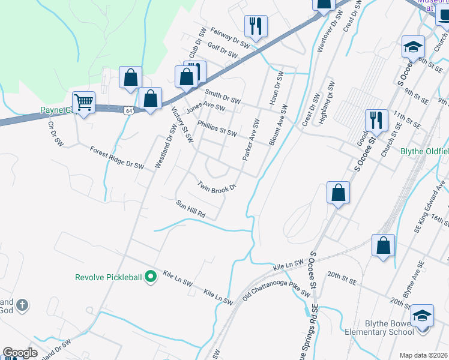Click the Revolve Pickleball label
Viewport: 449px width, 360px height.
point(108,277)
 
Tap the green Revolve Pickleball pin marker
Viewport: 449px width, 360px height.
point(151,277)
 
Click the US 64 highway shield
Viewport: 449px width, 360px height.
point(129,110)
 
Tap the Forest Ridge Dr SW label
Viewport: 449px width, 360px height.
point(118,157)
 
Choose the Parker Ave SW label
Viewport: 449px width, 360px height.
point(250,139)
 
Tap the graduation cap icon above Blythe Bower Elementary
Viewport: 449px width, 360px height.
point(422,315)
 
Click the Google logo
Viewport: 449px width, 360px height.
point(20,353)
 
